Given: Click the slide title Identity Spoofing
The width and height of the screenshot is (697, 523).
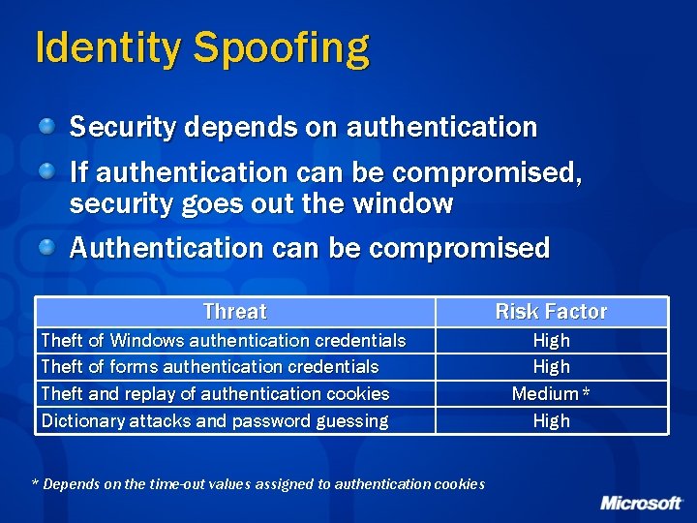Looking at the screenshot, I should tap(201, 48).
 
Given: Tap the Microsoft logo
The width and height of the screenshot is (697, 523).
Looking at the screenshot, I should tap(641, 503).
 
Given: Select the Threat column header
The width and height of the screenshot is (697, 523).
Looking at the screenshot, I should tap(234, 312).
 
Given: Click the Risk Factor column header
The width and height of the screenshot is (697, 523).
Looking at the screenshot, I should tap(551, 312).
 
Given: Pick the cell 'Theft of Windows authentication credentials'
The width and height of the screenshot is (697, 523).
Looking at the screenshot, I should tap(224, 340).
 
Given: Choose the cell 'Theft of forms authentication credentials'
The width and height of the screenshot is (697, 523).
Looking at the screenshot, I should tap(210, 367).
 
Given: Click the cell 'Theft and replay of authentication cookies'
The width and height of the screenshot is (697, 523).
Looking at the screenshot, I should tap(215, 394).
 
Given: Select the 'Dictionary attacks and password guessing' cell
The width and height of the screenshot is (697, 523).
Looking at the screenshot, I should tap(215, 421).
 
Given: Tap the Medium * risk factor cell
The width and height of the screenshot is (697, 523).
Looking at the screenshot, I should tap(551, 394).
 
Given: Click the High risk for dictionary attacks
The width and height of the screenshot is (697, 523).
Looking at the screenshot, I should tap(551, 421).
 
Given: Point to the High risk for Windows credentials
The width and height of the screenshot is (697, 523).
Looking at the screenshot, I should tap(551, 340).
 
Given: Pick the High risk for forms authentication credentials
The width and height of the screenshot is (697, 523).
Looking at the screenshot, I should tap(551, 367).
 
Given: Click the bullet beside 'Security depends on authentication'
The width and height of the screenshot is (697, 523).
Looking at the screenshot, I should tap(47, 125).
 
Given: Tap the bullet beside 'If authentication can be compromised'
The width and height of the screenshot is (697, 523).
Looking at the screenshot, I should tap(47, 170).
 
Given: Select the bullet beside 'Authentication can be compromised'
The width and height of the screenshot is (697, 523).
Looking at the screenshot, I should tap(47, 245).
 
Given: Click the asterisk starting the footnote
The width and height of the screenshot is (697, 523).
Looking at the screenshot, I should tap(37, 483).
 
